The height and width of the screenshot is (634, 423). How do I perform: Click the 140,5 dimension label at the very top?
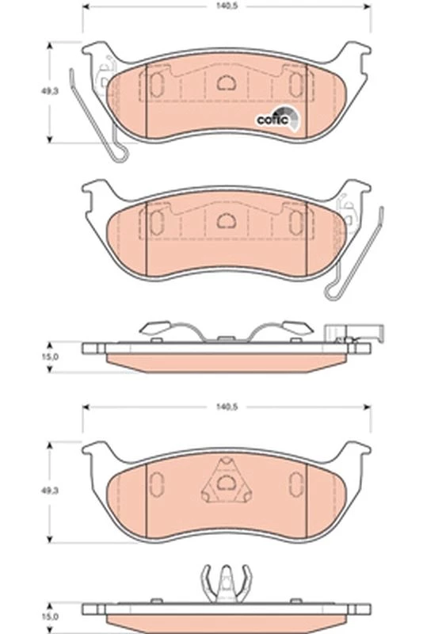click(227, 7)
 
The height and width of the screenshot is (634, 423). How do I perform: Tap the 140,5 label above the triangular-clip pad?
click(227, 407)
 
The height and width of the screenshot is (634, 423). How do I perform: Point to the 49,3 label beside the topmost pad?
click(49, 91)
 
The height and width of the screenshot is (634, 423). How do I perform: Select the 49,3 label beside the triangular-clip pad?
click(49, 491)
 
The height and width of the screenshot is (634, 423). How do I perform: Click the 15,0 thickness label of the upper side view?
click(50, 357)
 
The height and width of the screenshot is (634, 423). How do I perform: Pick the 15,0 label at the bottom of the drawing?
click(50, 617)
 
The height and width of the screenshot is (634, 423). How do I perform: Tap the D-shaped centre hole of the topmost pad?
click(227, 83)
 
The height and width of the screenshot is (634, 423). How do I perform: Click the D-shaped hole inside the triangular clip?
click(227, 483)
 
